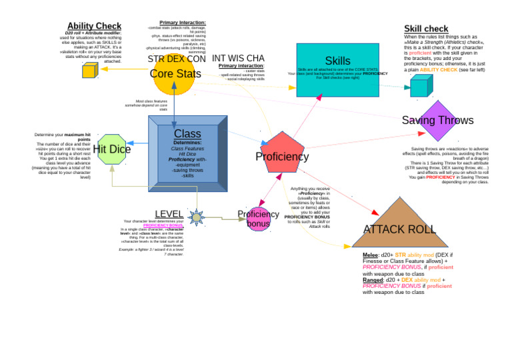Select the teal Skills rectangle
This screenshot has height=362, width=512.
tap(338, 70)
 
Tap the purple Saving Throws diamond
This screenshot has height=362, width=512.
tap(437, 121)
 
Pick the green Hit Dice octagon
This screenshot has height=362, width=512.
tap(111, 149)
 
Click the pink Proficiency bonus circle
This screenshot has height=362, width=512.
tap(258, 218)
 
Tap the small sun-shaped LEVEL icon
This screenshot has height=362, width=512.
tap(196, 217)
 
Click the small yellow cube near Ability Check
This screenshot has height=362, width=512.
tap(89, 70)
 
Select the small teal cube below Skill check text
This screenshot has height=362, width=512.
tap(418, 86)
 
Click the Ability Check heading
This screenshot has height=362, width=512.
tap(94, 27)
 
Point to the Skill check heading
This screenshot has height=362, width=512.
tap(426, 29)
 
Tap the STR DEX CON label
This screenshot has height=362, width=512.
tap(177, 59)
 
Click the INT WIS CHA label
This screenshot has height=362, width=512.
tap(238, 59)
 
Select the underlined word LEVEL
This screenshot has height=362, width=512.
tap(169, 214)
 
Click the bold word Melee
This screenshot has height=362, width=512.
tap(370, 255)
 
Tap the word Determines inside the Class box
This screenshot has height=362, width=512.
tap(187, 142)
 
